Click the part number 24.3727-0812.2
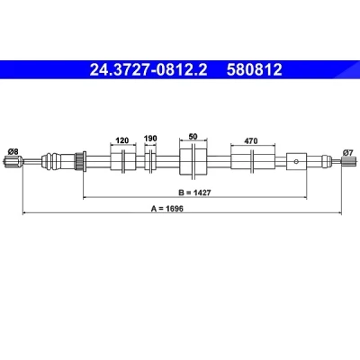(x=148, y=69)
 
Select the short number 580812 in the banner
(x=255, y=69)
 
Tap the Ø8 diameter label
(x=13, y=152)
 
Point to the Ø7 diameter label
(x=347, y=153)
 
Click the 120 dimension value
(x=122, y=140)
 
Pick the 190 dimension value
(x=150, y=139)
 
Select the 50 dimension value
(x=193, y=137)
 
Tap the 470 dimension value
(x=251, y=140)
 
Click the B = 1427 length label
(x=194, y=193)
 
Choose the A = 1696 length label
(x=167, y=209)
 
